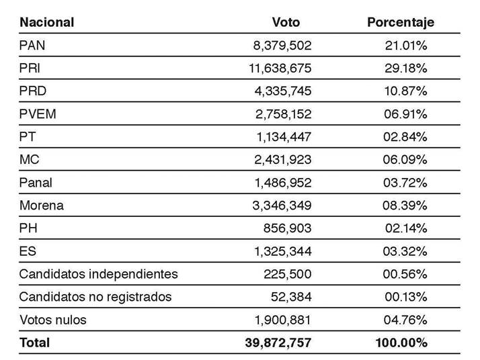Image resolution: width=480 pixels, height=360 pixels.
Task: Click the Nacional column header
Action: click(46, 22)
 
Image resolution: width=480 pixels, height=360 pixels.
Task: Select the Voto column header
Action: click(286, 22)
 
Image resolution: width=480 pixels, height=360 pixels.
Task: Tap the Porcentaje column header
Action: click(401, 22)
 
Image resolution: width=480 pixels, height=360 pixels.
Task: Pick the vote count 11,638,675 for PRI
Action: click(280, 69)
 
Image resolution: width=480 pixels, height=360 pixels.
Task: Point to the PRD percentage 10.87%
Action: click(405, 91)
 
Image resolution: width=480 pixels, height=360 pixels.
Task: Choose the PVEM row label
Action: click(38, 114)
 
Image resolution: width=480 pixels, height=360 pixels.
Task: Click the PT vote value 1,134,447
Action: click(283, 137)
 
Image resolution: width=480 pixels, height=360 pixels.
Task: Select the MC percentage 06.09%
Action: click(405, 160)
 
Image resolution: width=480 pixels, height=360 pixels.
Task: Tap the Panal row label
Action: click(36, 183)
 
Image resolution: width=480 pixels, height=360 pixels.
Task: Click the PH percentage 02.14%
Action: click(406, 228)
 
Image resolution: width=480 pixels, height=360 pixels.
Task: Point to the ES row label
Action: click(28, 251)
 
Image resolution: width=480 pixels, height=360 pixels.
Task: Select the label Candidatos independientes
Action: click(98, 274)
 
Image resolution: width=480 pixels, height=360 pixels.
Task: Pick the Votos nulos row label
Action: click(52, 320)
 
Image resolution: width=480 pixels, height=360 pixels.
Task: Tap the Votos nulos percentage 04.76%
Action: click(405, 320)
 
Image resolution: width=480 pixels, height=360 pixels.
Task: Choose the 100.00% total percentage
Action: click(401, 343)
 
